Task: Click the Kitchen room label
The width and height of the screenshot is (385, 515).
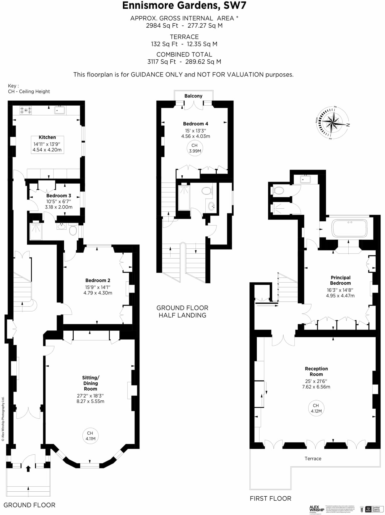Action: (47, 137)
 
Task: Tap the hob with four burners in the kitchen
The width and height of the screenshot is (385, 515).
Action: (26, 110)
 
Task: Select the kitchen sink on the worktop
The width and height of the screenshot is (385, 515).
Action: (60, 110)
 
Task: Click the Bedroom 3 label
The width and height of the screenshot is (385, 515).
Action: (59, 195)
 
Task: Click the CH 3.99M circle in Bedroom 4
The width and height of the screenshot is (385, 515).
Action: (195, 148)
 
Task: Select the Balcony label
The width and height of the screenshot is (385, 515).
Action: (193, 96)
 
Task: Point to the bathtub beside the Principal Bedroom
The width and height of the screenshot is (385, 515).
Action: (349, 228)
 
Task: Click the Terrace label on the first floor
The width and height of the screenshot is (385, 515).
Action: (313, 458)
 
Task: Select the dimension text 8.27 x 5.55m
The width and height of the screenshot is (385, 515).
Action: (90, 401)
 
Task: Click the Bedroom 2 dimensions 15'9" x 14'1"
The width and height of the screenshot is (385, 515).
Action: (98, 287)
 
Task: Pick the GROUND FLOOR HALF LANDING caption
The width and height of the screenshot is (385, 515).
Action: (182, 311)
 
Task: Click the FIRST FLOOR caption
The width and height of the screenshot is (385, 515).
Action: (270, 498)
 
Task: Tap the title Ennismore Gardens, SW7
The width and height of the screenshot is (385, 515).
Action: (184, 6)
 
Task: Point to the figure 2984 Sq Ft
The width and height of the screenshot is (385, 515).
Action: (162, 25)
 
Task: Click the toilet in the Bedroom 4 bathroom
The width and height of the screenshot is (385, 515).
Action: (207, 191)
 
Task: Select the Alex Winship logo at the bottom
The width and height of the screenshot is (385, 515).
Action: (316, 509)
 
